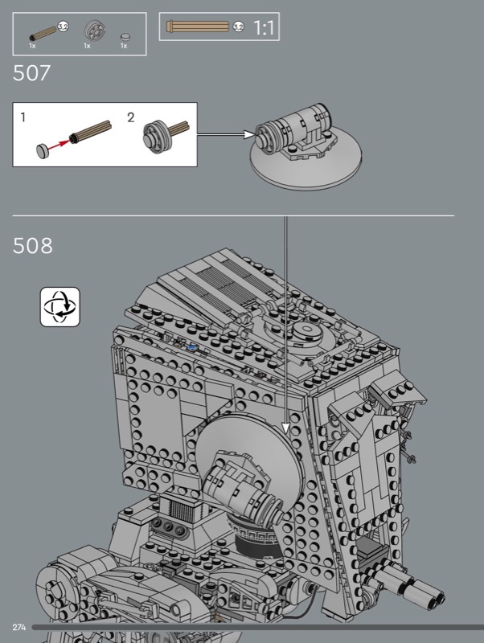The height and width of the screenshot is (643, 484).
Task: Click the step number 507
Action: pos(31,73)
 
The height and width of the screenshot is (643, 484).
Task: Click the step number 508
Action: pos(33,246)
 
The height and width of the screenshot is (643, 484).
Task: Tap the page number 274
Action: pos(18,627)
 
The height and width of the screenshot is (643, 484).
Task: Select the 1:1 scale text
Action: pos(264,27)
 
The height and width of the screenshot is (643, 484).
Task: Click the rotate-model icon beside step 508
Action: pos(59,307)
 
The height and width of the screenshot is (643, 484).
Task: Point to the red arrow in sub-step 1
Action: pos(59,144)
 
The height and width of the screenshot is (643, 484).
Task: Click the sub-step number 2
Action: pos(130,117)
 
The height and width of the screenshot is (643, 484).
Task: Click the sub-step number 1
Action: pos(23,117)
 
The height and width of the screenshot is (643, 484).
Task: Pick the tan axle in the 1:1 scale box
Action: pos(197,27)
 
